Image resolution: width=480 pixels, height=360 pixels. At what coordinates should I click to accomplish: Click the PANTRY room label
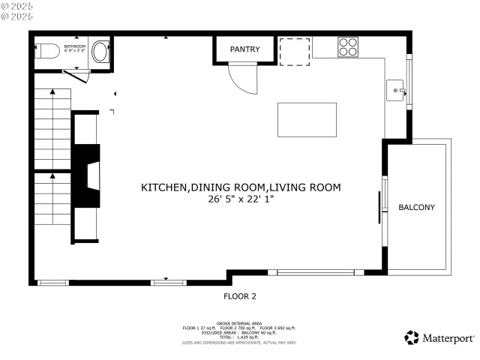244,49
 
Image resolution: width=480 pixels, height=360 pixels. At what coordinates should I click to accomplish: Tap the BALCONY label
416,207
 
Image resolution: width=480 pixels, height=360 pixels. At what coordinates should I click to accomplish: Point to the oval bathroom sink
100,52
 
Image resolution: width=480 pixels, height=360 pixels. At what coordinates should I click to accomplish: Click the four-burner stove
348,46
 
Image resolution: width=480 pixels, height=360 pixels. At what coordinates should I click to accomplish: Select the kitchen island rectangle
307,118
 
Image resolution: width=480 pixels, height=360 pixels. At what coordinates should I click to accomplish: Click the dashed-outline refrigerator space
294,50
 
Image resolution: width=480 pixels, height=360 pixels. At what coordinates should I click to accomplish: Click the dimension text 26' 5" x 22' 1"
241,199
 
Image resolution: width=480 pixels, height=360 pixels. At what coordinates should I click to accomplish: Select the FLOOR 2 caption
240,295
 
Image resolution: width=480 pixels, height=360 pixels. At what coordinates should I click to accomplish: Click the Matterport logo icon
412,337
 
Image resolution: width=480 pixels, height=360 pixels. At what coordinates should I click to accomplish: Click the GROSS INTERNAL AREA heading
239,322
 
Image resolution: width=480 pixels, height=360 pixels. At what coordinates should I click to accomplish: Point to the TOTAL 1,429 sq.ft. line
239,337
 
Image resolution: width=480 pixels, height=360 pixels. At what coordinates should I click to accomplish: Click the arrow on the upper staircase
52,91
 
